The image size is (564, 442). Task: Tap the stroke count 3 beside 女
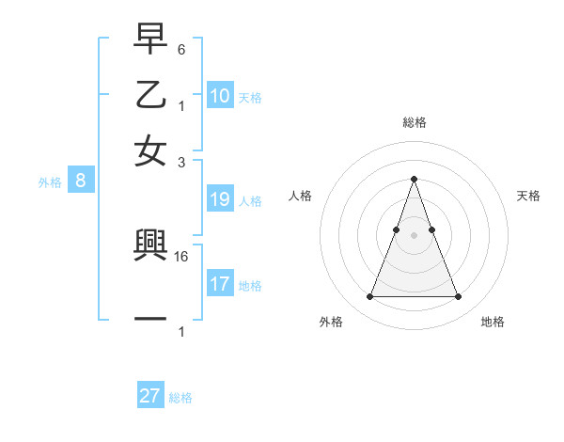tap(181, 162)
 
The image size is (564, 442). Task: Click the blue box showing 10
tap(220, 96)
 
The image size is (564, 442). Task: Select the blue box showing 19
tap(220, 199)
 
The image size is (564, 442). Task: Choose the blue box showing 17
tap(220, 284)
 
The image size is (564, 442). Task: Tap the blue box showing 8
tap(81, 182)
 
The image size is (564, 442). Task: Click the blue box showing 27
tap(150, 396)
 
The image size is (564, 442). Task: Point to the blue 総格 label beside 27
tap(180, 398)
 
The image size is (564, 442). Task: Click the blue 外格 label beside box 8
tap(50, 182)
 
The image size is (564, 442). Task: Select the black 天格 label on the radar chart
tap(528, 196)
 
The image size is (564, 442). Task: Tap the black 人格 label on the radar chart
tap(300, 196)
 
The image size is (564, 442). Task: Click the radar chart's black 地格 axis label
tap(493, 322)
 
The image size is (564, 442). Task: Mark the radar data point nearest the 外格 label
tap(369, 297)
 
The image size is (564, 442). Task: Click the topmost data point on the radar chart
tap(414, 179)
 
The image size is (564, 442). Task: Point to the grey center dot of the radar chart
tap(414, 234)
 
